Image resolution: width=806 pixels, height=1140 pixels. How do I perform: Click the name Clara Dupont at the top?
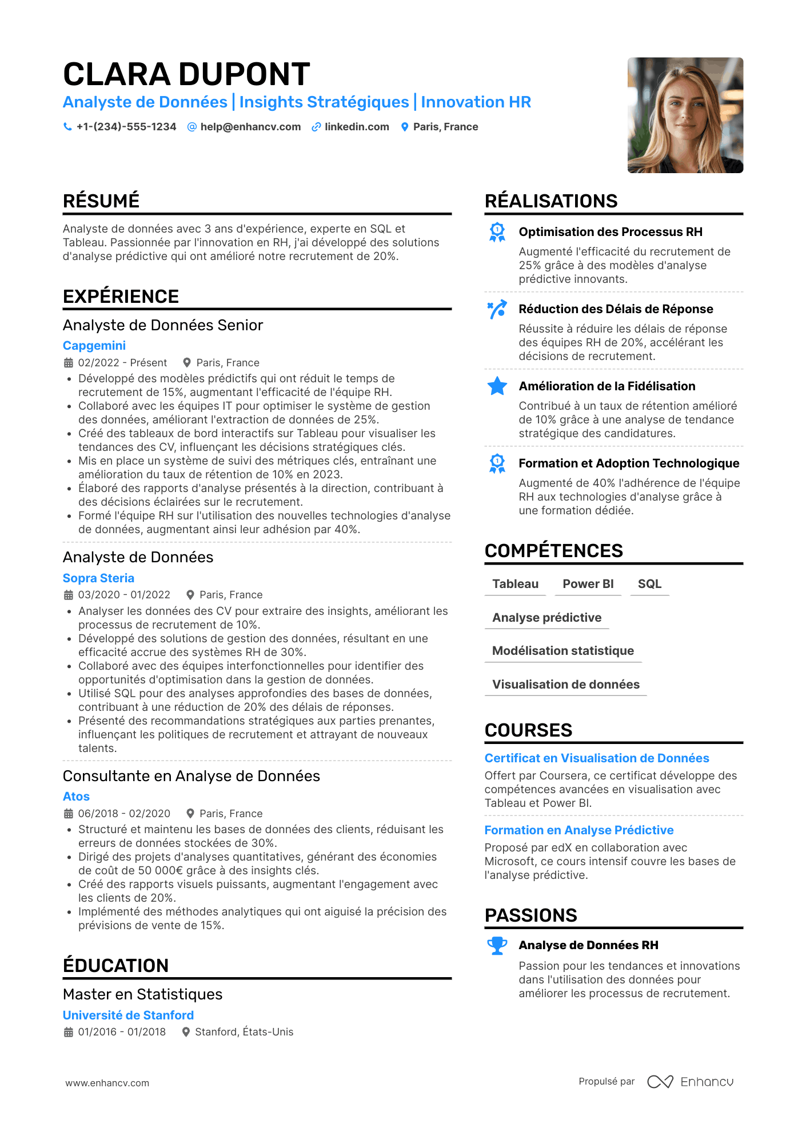[186, 74]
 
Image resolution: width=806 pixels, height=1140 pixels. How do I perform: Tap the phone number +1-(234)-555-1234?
[126, 127]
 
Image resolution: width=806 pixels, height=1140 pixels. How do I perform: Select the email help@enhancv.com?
[250, 127]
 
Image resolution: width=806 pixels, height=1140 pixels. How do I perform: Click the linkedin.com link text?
[357, 127]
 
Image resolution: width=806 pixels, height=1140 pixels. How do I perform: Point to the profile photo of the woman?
[685, 115]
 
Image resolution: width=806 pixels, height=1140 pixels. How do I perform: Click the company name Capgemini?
[94, 346]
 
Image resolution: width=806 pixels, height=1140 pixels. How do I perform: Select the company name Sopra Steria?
[98, 578]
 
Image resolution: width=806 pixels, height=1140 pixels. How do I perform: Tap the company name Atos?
[76, 797]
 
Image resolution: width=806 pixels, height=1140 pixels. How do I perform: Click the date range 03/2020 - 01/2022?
[124, 595]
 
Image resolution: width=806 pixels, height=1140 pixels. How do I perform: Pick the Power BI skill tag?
[588, 584]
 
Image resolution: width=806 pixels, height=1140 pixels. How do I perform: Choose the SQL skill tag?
[649, 584]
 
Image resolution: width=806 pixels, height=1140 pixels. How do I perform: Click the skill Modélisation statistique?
[563, 651]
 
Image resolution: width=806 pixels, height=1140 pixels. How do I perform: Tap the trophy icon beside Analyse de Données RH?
[497, 946]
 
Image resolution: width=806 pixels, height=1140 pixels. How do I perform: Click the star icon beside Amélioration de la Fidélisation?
[497, 386]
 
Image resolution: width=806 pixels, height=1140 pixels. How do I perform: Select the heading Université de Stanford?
[128, 1015]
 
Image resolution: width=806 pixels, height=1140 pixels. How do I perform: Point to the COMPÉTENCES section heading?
[553, 551]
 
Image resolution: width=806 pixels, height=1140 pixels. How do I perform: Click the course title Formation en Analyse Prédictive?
[579, 830]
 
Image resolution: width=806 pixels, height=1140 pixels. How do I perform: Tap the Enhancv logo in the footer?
[690, 1082]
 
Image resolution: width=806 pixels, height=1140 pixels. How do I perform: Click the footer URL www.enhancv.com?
[107, 1083]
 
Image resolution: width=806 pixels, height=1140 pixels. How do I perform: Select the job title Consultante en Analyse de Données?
[191, 776]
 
